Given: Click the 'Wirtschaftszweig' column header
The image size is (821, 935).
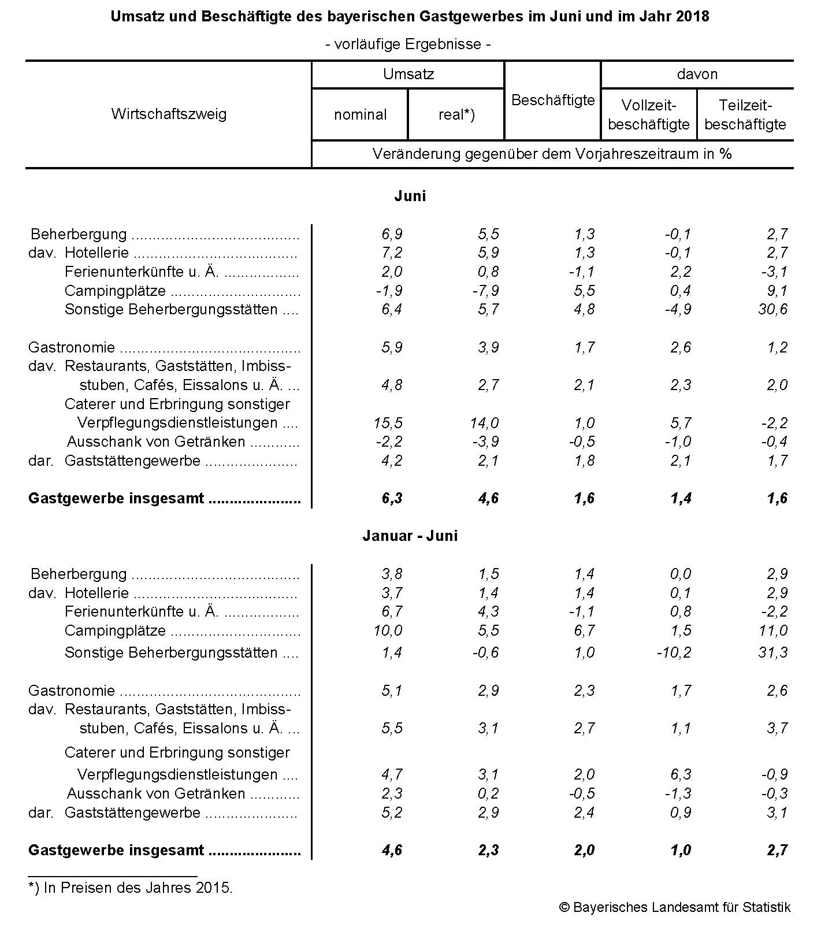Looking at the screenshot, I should coord(169,114).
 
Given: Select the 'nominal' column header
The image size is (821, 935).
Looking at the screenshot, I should coord(360,114).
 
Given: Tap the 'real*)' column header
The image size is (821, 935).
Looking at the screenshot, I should coord(456,114).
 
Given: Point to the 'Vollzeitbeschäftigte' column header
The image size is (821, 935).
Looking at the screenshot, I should coord(649,114).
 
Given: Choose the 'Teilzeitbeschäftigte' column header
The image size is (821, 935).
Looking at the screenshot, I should coord(745,114).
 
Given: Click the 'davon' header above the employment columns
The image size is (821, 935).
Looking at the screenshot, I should coord(697,74).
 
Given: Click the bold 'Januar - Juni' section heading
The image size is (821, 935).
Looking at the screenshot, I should coord(410,536).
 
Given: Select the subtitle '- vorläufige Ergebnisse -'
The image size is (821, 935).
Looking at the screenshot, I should coord(408,44).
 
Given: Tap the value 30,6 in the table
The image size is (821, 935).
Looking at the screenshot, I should coord(772,309).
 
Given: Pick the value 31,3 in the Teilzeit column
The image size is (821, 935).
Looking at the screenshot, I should coord(772,652).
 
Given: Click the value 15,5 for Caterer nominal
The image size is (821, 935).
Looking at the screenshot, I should coord(388,423).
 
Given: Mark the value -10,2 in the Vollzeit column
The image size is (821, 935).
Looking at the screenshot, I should coord(674,652).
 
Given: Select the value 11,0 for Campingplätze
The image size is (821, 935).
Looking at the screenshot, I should coord(772,630).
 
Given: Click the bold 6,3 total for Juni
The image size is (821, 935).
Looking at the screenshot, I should coord(392,498).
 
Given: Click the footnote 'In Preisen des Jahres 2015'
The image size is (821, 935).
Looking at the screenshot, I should coord(131,888).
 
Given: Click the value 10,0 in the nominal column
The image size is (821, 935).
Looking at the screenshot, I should coord(388,630).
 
